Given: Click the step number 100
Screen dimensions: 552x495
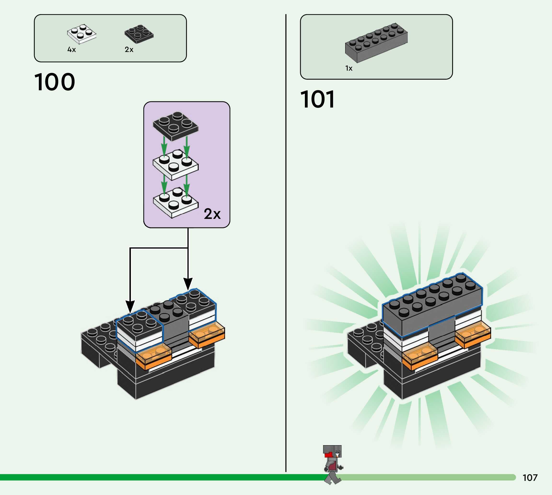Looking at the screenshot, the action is pos(55,82).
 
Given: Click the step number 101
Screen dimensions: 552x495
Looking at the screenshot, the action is pos(317,99).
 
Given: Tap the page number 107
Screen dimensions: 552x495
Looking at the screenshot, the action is pos(530,478).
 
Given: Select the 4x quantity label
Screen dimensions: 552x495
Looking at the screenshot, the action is pos(72,50).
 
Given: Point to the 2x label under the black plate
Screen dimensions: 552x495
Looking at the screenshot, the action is pos(129,50).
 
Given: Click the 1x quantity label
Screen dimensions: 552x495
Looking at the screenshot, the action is pos(349,68).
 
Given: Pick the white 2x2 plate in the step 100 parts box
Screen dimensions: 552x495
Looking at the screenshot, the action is pos(82,34).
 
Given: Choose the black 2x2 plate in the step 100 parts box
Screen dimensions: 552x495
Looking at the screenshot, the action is pos(139,34).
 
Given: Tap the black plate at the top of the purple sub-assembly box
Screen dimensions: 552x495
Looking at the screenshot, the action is pos(175,126).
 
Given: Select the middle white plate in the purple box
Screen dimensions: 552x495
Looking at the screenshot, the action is pos(175,165).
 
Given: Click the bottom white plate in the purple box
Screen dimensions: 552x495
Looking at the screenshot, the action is pos(175,203).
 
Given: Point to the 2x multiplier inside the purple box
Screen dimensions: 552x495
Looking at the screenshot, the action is pos(212,214).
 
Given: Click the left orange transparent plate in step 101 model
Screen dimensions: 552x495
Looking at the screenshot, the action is pos(420,356).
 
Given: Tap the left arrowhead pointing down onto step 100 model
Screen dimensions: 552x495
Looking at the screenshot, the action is pos(130,307).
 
